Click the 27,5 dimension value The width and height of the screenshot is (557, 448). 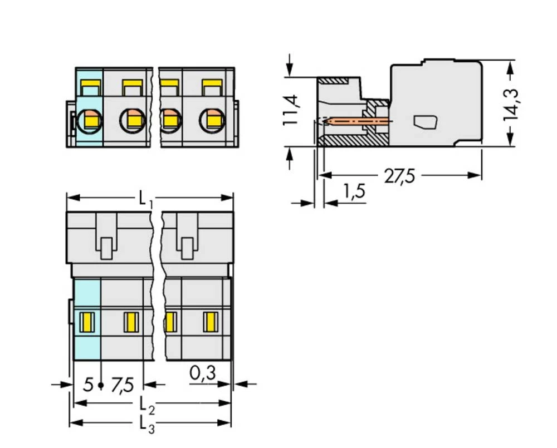point(399,176)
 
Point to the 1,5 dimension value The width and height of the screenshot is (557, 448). point(354,191)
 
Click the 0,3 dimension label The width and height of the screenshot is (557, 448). point(203,373)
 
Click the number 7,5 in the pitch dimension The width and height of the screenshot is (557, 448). point(122,385)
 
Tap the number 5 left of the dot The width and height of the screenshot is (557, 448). point(88,385)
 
